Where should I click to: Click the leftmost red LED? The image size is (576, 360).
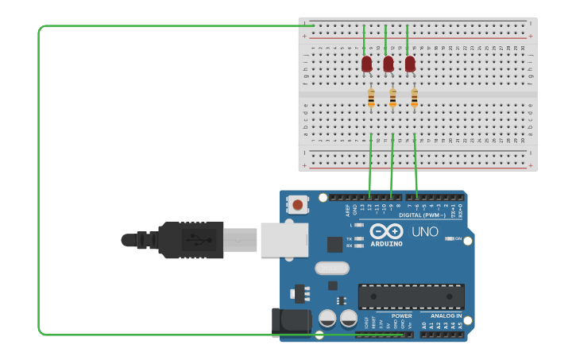coord(366,64)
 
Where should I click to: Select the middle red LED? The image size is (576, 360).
coord(389,64)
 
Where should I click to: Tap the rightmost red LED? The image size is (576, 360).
coord(410,64)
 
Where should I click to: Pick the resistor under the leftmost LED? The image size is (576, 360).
coord(371,98)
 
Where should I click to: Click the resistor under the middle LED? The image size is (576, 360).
coord(392,98)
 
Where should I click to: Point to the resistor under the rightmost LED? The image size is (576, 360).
coord(414,98)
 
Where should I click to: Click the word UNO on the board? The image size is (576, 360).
coord(424,231)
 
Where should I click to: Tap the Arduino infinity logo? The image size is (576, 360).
coord(386,231)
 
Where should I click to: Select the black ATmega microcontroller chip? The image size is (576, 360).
coord(411,296)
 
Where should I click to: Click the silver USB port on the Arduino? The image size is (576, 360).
coord(284,239)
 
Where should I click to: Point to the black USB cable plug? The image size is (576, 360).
coord(191,239)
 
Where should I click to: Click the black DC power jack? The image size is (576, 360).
coord(292,322)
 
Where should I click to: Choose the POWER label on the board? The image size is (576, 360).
coord(402,315)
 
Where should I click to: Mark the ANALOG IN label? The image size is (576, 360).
coord(446,315)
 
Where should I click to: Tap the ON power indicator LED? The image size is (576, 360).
coord(450,238)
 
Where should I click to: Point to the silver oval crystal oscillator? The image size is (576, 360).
coord(331,268)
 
